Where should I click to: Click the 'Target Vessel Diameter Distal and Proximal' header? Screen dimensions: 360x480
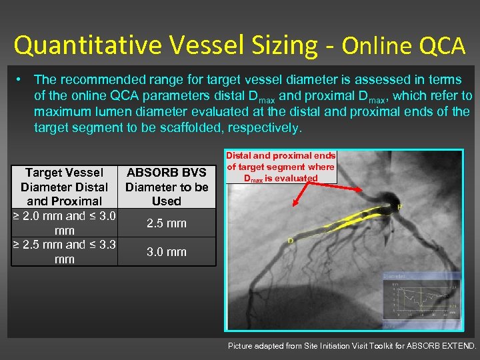[64, 187]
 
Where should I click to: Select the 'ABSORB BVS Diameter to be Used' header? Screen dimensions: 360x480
[167, 187]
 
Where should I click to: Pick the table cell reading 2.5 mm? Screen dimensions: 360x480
[167, 223]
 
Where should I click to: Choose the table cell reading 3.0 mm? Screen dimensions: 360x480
[167, 252]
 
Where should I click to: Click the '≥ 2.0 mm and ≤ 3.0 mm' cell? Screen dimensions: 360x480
[64, 223]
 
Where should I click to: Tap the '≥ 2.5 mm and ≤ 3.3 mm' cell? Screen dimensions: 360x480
[64, 252]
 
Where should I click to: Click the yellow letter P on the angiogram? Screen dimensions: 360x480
[400, 207]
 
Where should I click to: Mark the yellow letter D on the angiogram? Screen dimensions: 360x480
[291, 241]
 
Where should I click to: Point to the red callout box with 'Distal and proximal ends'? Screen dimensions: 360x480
[281, 167]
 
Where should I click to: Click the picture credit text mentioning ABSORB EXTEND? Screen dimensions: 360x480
[352, 346]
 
